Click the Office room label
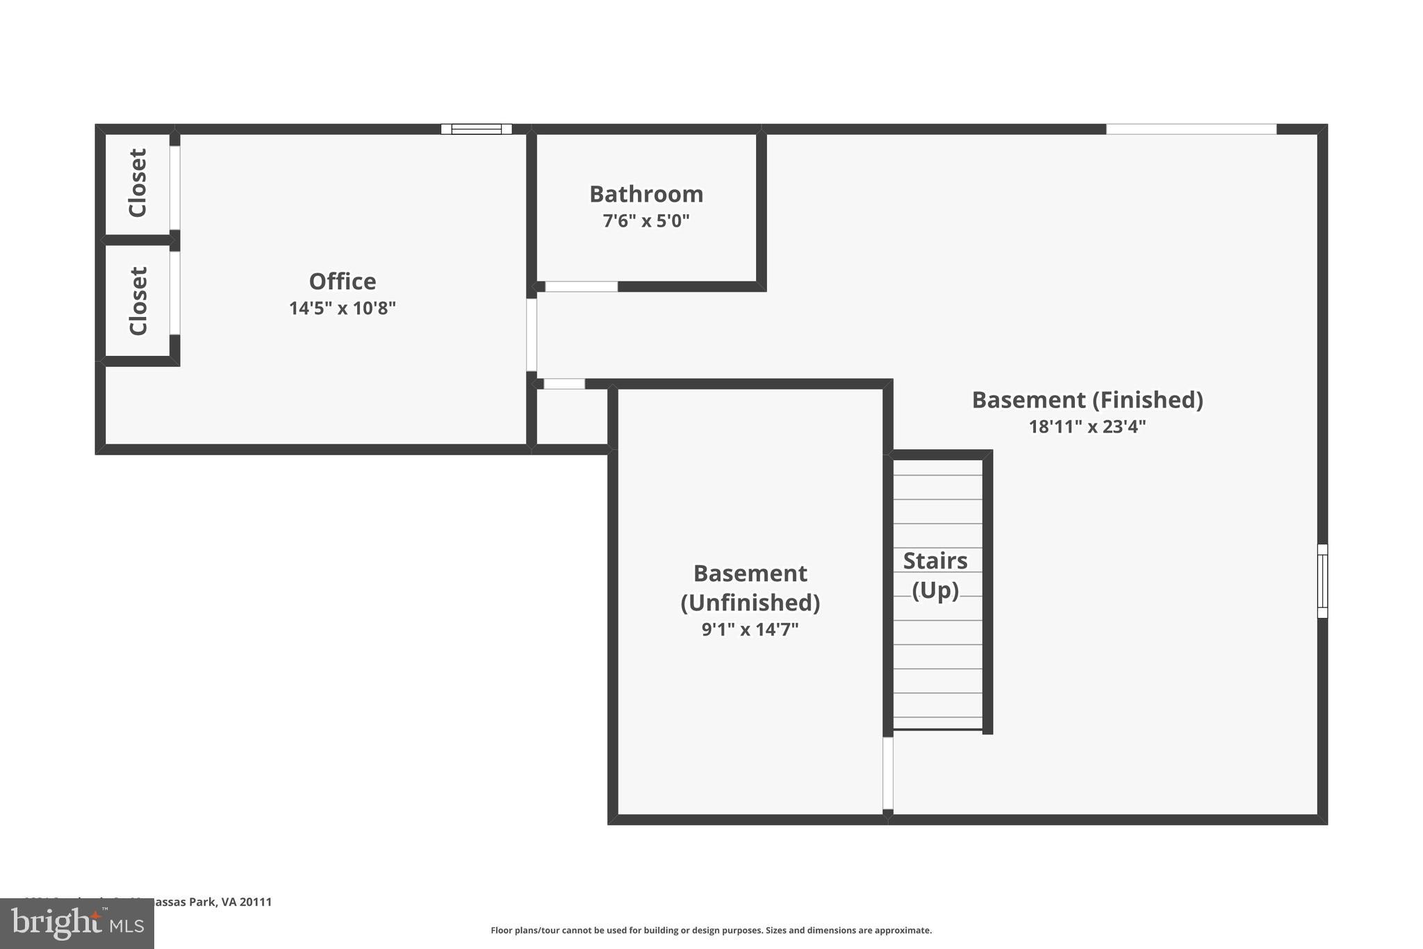pyautogui.click(x=342, y=282)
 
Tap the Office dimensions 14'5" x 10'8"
pyautogui.click(x=342, y=308)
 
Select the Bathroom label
pyautogui.click(x=646, y=194)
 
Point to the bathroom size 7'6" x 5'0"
pyautogui.click(x=646, y=221)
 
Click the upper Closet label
pyautogui.click(x=138, y=183)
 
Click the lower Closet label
pyautogui.click(x=138, y=301)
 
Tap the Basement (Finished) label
pyautogui.click(x=1087, y=400)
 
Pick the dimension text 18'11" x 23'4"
pyautogui.click(x=1087, y=426)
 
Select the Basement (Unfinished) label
pyautogui.click(x=750, y=587)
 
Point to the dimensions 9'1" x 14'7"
pyautogui.click(x=750, y=629)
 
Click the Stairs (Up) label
pyautogui.click(x=935, y=575)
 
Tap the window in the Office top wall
pyautogui.click(x=477, y=129)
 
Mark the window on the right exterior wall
pyautogui.click(x=1322, y=581)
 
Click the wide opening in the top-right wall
pyautogui.click(x=1191, y=129)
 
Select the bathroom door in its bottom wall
pyautogui.click(x=581, y=286)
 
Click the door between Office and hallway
pyautogui.click(x=532, y=334)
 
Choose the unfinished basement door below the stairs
pyautogui.click(x=887, y=773)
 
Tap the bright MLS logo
pyautogui.click(x=77, y=923)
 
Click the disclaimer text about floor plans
pyautogui.click(x=711, y=930)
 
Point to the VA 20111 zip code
pyautogui.click(x=247, y=902)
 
